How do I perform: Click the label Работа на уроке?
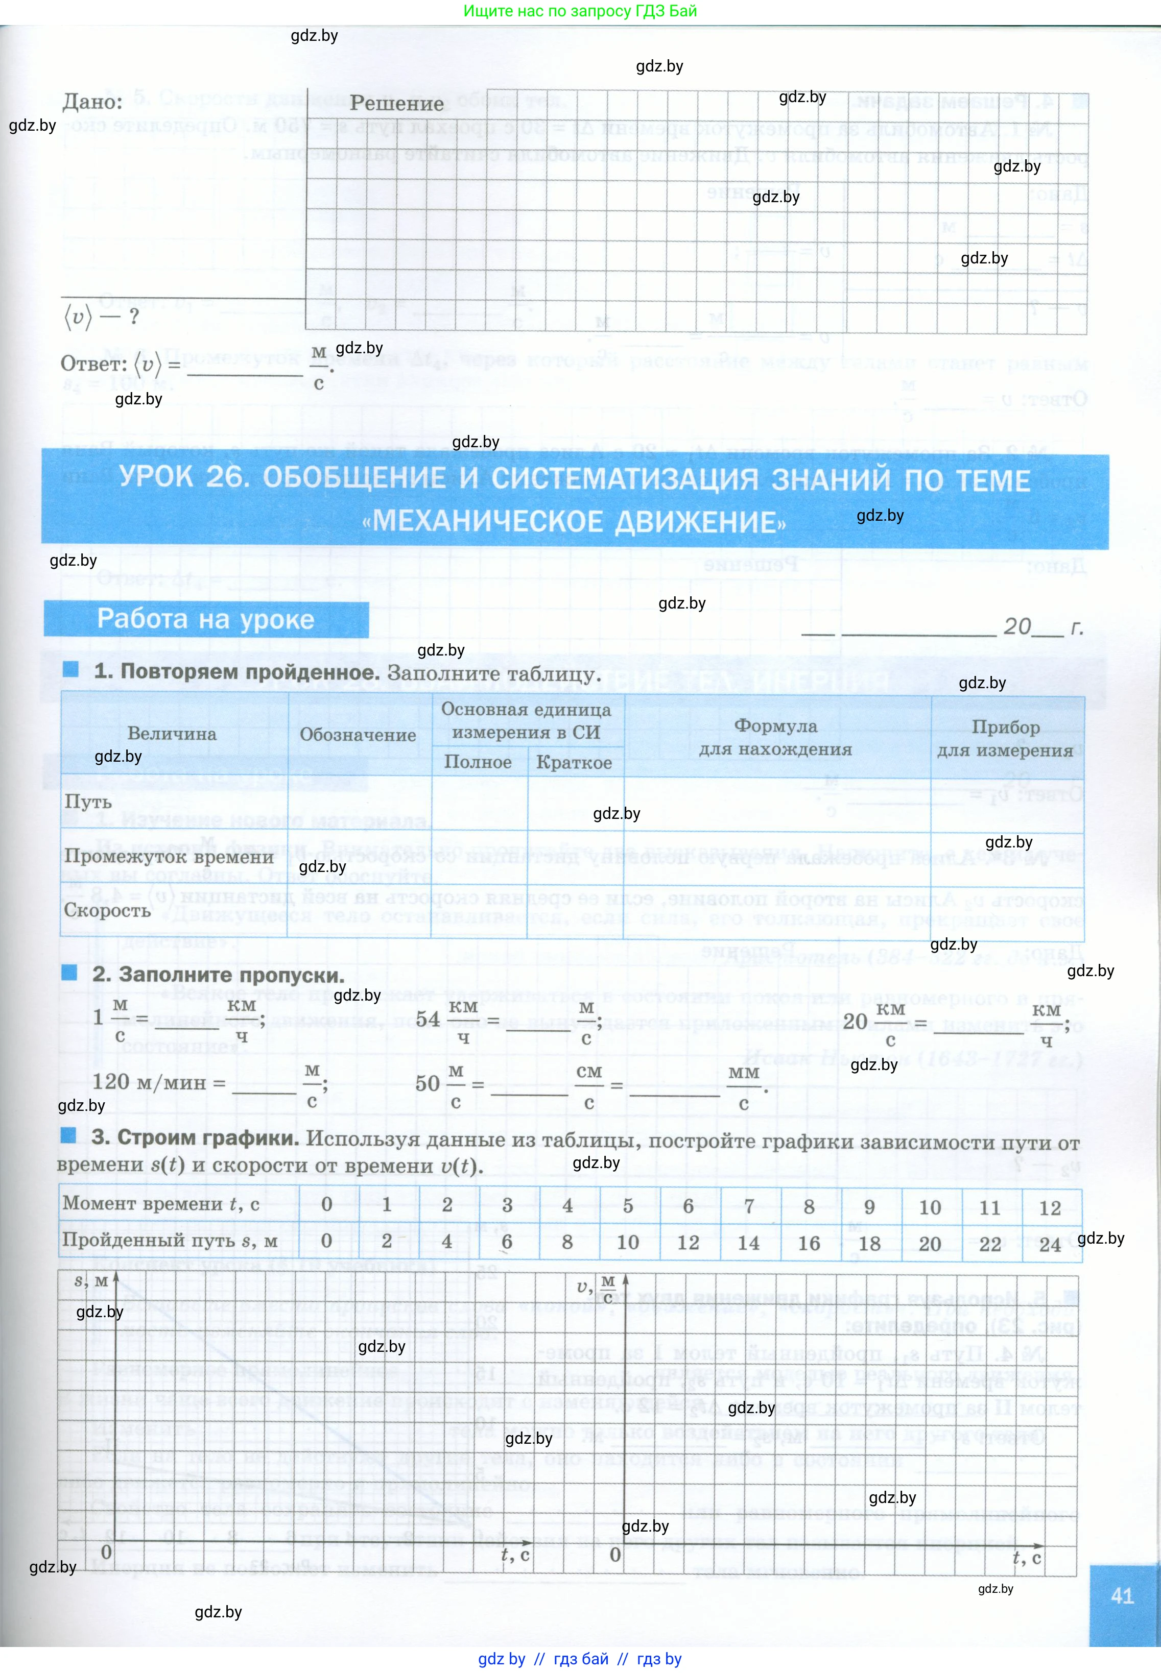(206, 619)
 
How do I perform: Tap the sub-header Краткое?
(574, 763)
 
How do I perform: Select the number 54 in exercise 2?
(428, 1019)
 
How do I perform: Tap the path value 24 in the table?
(1050, 1244)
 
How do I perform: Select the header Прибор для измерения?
(1005, 739)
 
